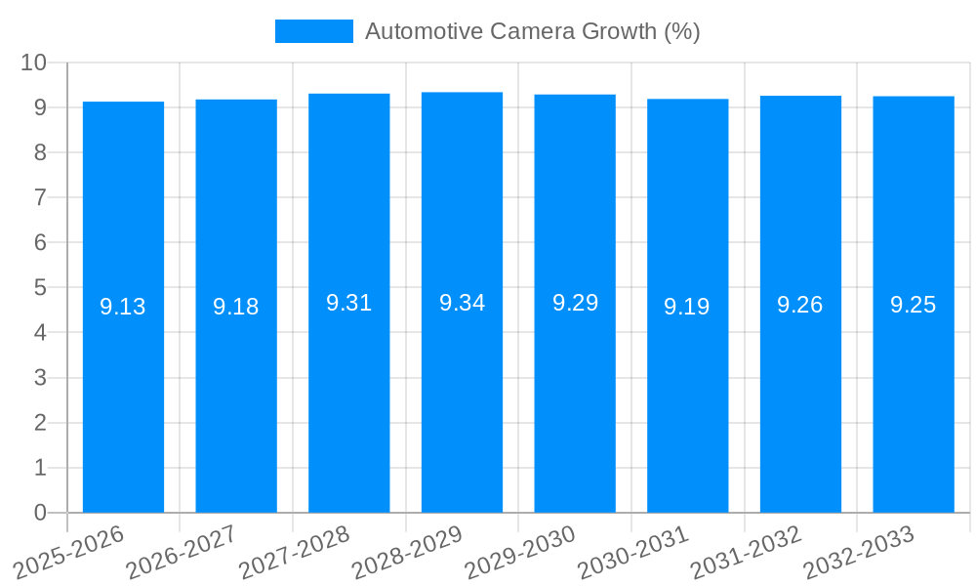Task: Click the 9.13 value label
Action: click(x=123, y=307)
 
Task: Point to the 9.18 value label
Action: click(x=236, y=307)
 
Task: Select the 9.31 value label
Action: click(x=349, y=303)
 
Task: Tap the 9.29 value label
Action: click(x=575, y=303)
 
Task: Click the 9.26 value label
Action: click(x=800, y=305)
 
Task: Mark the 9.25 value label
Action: click(x=914, y=305)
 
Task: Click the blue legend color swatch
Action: click(x=313, y=31)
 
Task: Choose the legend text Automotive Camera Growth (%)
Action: click(x=533, y=31)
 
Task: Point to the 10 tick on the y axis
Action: click(x=34, y=63)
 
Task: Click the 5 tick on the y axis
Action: click(x=40, y=288)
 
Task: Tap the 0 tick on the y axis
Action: click(x=40, y=513)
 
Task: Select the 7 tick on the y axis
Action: click(x=40, y=197)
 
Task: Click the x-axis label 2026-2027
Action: click(x=182, y=553)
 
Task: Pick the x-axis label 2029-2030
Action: click(x=519, y=553)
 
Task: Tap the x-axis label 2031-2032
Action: click(x=746, y=553)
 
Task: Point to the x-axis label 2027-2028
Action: click(x=294, y=553)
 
